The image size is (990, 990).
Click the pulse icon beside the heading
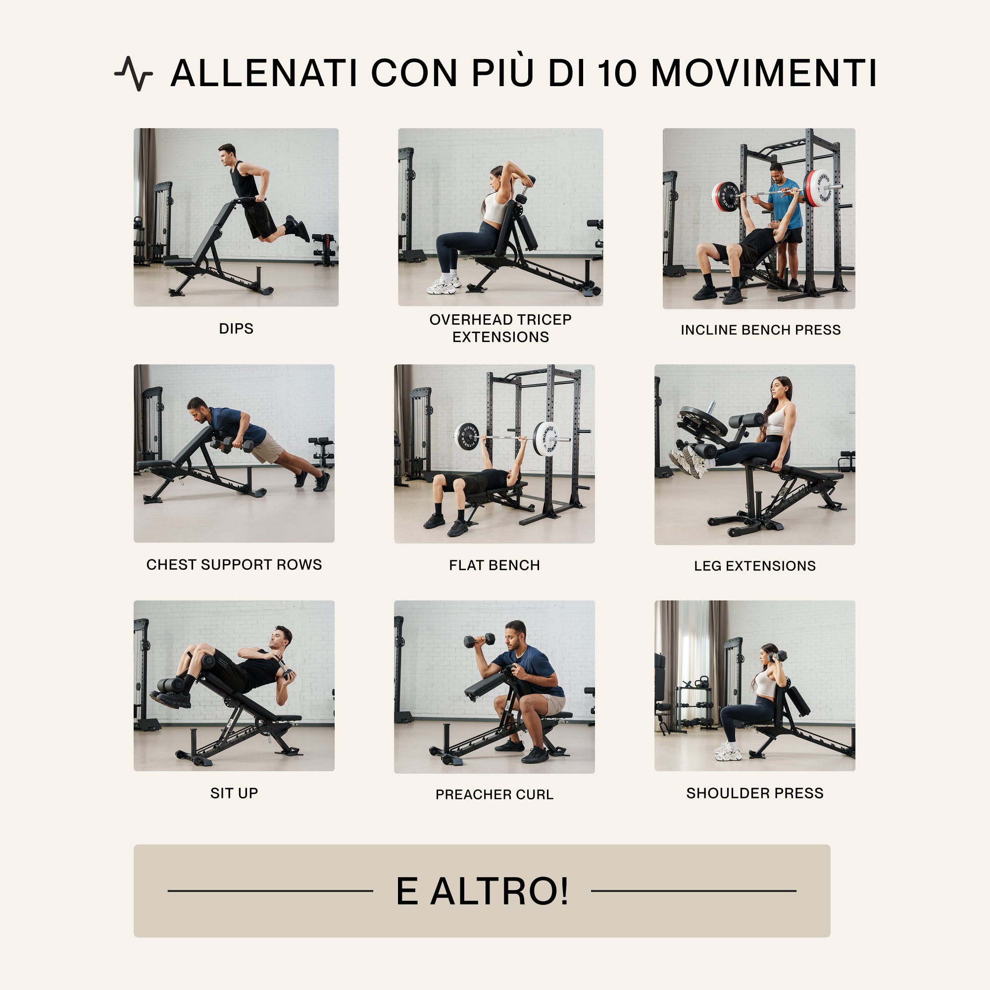click(x=133, y=73)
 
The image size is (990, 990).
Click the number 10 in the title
click(x=617, y=73)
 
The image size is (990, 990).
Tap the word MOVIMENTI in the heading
click(x=763, y=73)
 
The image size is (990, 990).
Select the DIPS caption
click(x=236, y=329)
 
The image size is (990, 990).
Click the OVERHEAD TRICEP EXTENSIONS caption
click(x=500, y=328)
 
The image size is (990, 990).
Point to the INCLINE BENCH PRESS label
click(x=760, y=330)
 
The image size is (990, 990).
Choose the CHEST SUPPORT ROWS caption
click(x=234, y=565)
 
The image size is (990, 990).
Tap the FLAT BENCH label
click(x=495, y=565)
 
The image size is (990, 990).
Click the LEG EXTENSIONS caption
click(x=755, y=566)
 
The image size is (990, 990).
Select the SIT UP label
click(x=234, y=793)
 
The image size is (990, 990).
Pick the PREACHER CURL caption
click(x=495, y=794)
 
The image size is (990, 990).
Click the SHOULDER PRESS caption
click(x=755, y=793)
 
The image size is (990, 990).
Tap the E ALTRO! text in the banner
click(x=482, y=891)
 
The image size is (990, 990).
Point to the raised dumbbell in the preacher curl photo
click(x=480, y=640)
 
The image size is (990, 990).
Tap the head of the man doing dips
click(x=227, y=154)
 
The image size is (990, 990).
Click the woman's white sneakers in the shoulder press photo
click(x=728, y=751)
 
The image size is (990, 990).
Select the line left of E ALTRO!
click(x=270, y=891)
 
